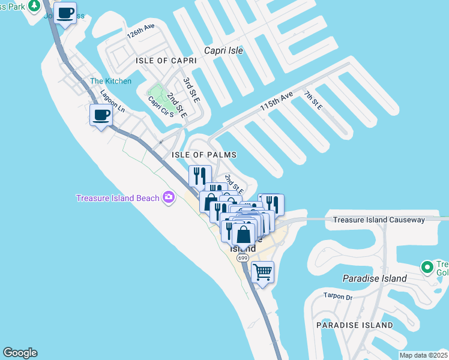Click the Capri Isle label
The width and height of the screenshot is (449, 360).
pyautogui.click(x=223, y=50)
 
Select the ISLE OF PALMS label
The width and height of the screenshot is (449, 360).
pyautogui.click(x=204, y=155)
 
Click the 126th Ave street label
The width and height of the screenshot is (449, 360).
pyautogui.click(x=141, y=32)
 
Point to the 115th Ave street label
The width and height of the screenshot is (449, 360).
pyautogui.click(x=276, y=100)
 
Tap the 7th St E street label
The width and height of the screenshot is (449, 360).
pyautogui.click(x=313, y=100)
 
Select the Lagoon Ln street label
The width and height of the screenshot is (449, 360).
pyautogui.click(x=112, y=101)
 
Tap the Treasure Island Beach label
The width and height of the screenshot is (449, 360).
pyautogui.click(x=118, y=198)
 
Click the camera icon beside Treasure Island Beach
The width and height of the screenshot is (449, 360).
pyautogui.click(x=169, y=197)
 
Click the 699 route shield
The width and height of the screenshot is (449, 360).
pyautogui.click(x=242, y=258)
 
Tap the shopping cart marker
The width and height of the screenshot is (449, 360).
pyautogui.click(x=262, y=272)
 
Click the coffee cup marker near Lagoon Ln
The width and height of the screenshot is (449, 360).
pyautogui.click(x=101, y=115)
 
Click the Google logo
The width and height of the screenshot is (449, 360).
pyautogui.click(x=20, y=353)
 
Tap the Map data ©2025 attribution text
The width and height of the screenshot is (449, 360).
pyautogui.click(x=424, y=355)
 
